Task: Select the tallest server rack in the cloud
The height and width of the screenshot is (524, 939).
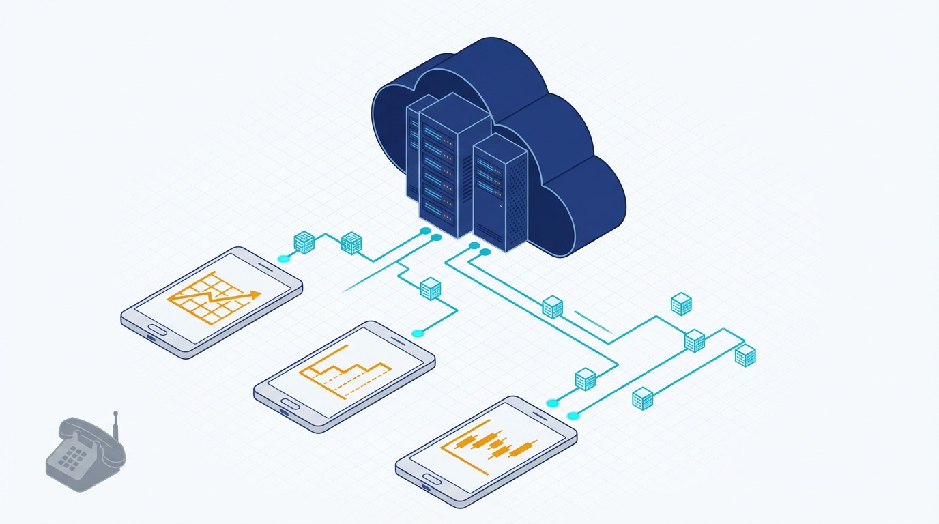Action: [448, 167]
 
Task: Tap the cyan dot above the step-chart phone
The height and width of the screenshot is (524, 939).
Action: [417, 333]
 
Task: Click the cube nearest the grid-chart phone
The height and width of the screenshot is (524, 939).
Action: [303, 242]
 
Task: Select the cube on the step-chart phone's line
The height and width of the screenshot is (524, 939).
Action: [430, 289]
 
